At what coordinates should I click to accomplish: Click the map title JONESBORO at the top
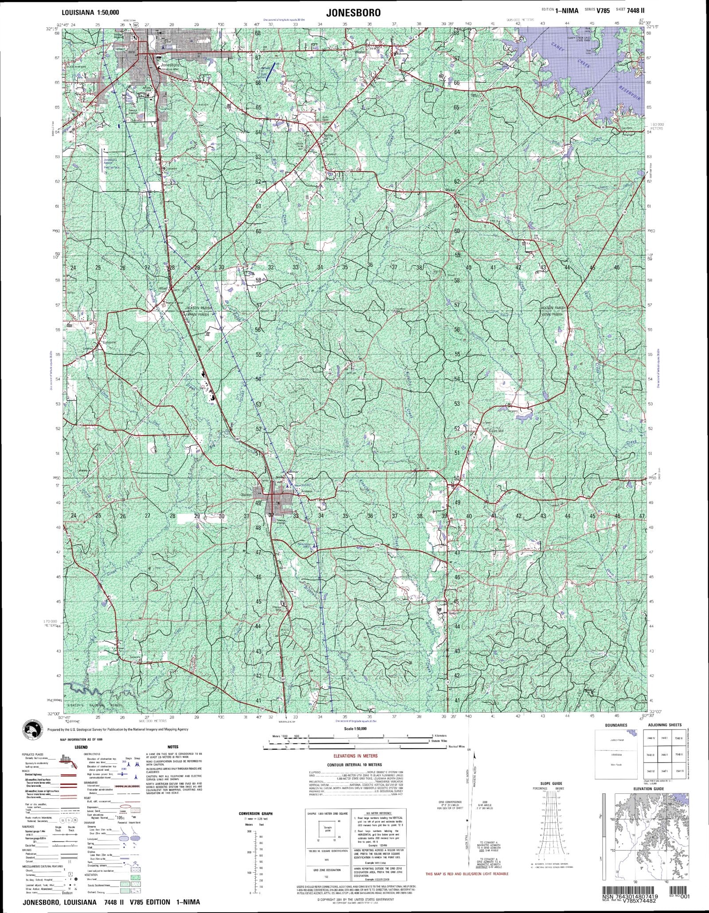click(x=353, y=13)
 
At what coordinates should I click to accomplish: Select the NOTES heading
click(x=173, y=747)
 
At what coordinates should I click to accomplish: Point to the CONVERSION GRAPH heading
click(x=255, y=813)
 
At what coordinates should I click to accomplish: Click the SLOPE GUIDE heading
click(x=551, y=784)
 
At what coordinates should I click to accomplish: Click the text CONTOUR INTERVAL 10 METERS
click(x=354, y=765)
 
